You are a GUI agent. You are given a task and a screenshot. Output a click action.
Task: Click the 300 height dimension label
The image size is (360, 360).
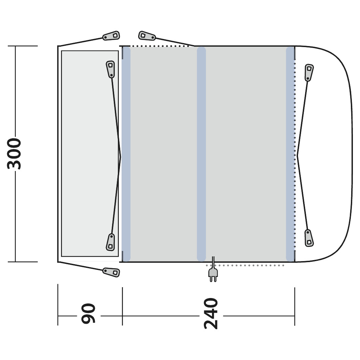[x=14, y=154]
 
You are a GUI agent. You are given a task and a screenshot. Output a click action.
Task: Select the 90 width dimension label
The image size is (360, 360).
[x=88, y=314]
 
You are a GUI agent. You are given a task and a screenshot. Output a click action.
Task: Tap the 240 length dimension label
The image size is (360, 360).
[x=211, y=314]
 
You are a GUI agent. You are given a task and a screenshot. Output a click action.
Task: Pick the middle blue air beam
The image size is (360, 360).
[x=202, y=154]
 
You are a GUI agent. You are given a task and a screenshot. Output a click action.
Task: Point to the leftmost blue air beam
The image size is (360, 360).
[x=126, y=154]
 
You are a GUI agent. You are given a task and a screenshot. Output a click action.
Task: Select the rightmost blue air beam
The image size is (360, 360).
[x=291, y=154]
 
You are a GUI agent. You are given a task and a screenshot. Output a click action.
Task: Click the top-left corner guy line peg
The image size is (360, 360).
[x=111, y=36]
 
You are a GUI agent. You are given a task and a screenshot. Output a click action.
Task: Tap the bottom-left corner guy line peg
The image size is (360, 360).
[x=111, y=272]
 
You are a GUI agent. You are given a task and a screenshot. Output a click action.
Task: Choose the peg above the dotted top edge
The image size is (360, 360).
[x=147, y=36]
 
